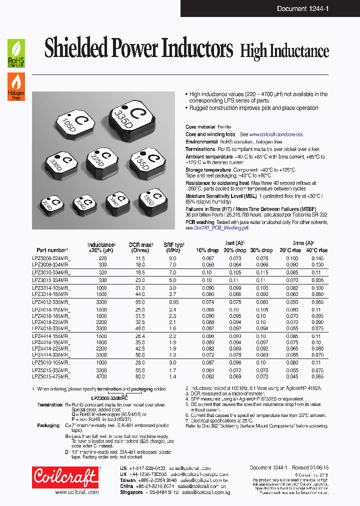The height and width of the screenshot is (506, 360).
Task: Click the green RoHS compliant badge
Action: pyautogui.click(x=15, y=53)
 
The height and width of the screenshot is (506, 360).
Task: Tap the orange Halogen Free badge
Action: pyautogui.click(x=15, y=86)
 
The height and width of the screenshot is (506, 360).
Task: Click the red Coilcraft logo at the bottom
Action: pyautogui.click(x=65, y=476)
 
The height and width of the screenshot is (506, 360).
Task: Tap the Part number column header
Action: pyautogui.click(x=52, y=250)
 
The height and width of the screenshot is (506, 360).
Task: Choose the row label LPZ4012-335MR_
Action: pyautogui.click(x=51, y=302)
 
